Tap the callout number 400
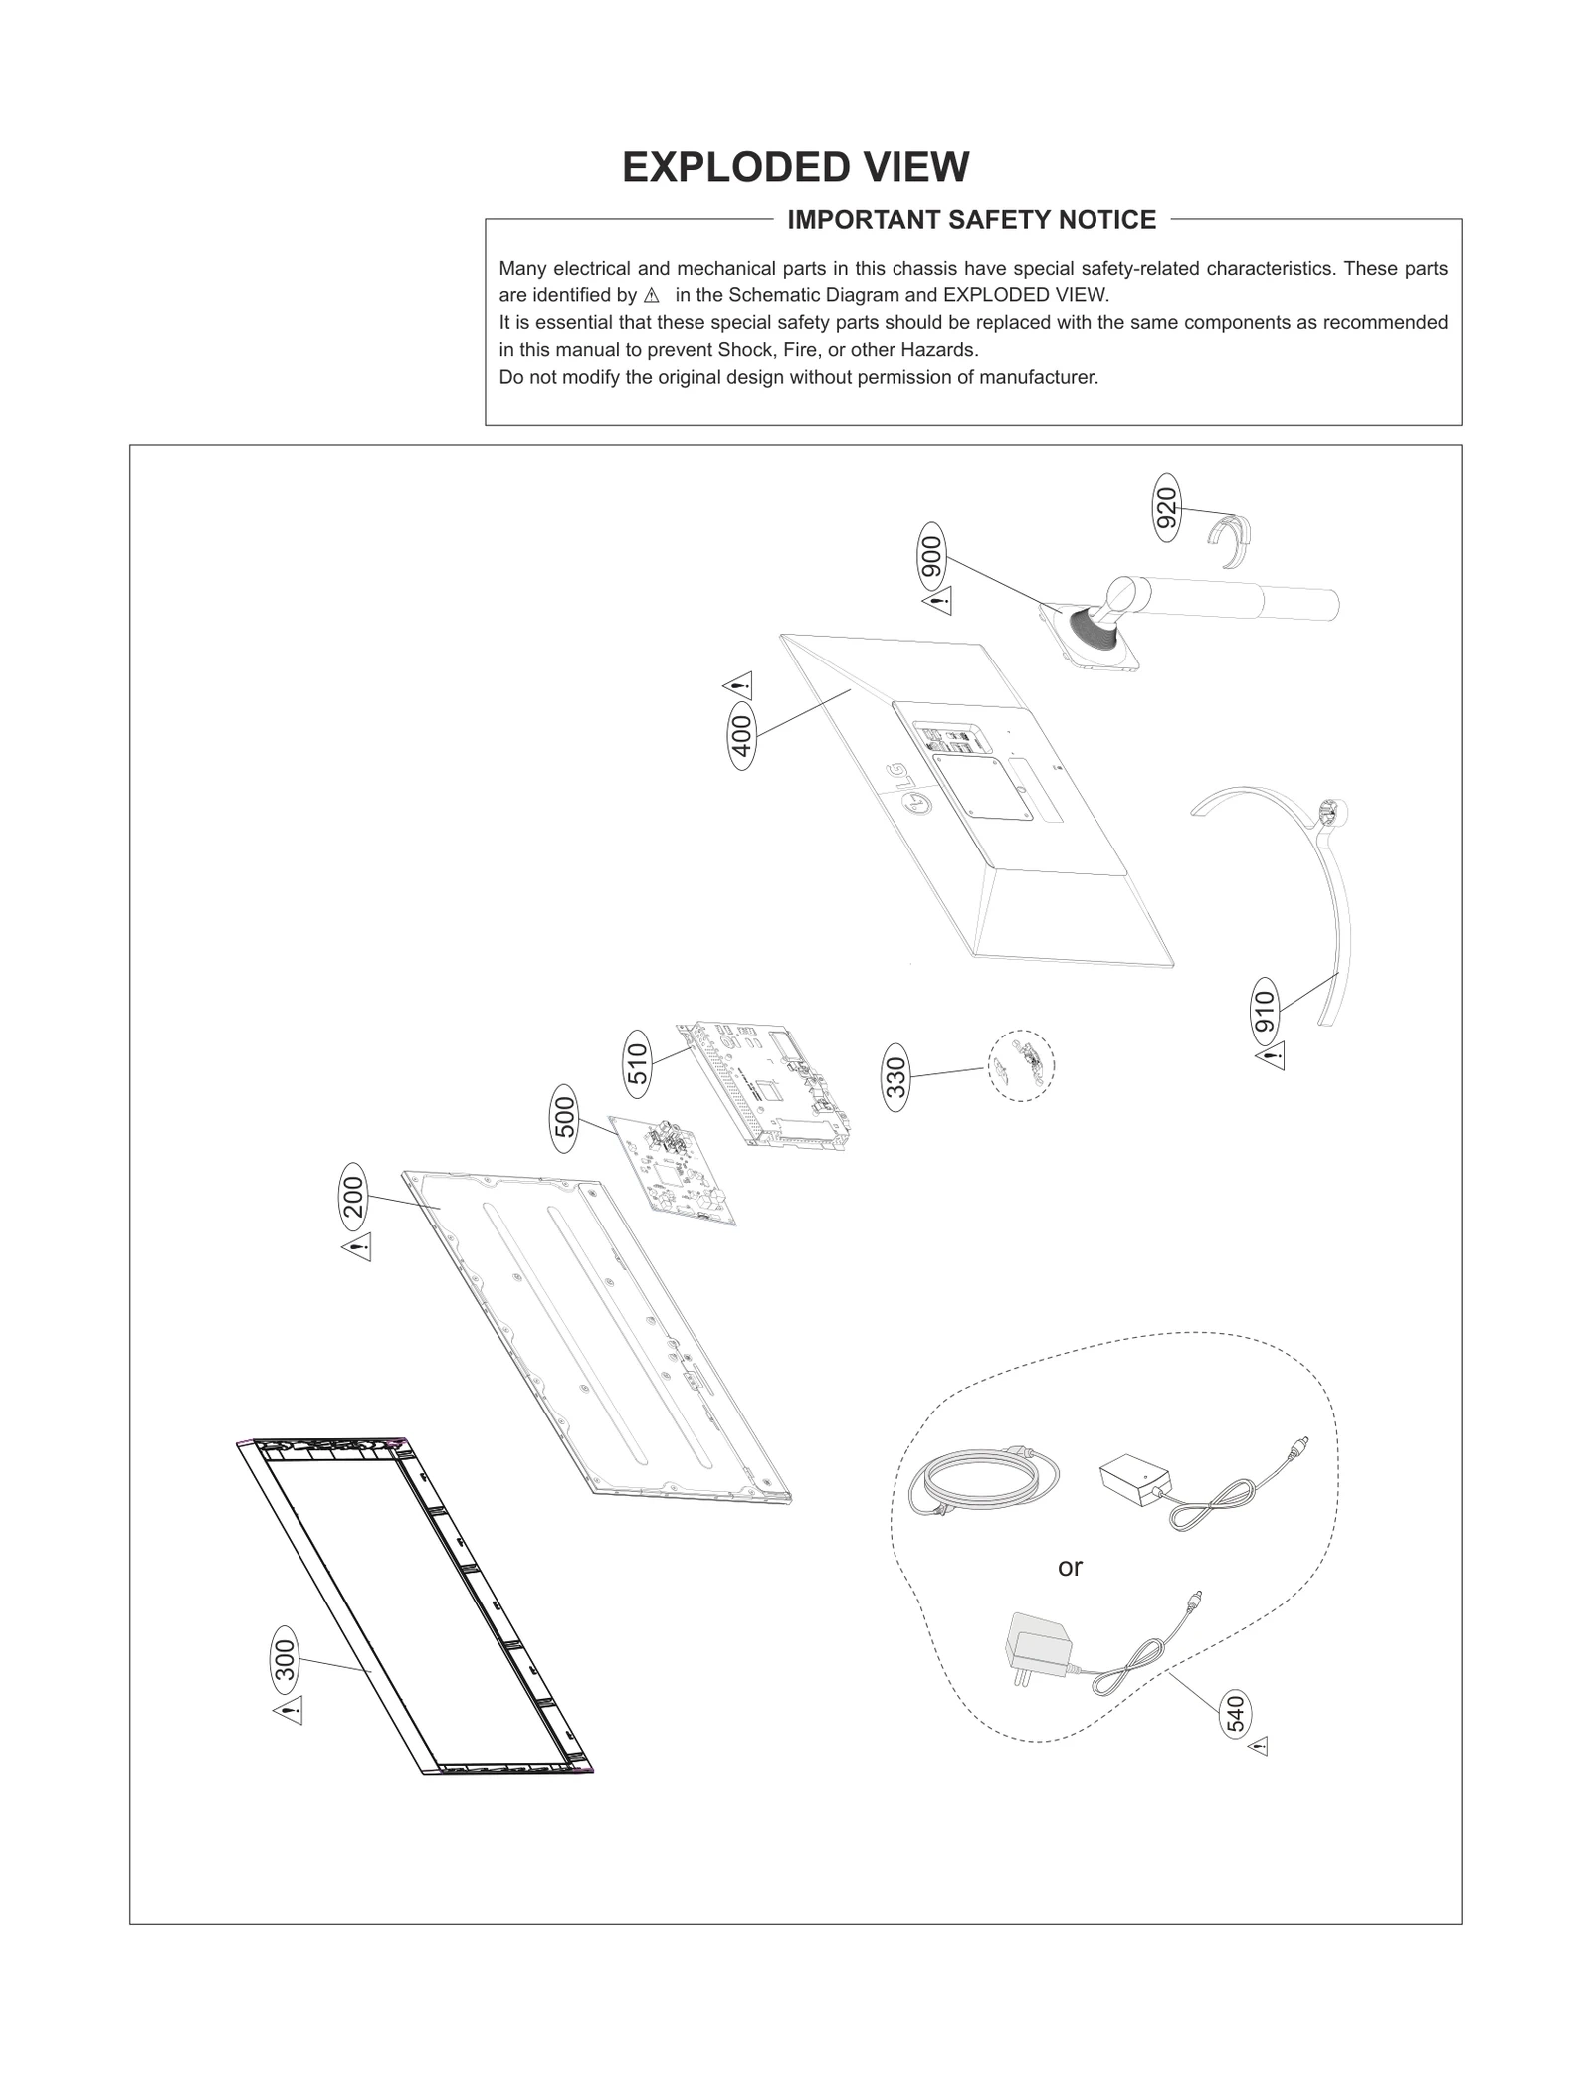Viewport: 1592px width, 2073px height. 742,736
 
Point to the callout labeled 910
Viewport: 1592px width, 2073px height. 1264,1013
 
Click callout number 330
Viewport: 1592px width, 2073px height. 896,1077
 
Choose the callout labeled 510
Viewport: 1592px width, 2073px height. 638,1063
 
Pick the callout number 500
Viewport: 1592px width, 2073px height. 564,1119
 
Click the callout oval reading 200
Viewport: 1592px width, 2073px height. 354,1197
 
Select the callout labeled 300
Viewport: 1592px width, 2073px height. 286,1661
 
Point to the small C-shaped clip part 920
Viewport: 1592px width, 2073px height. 1230,542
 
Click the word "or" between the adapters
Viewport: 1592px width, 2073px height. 1070,1568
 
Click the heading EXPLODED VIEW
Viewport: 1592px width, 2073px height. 795,167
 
